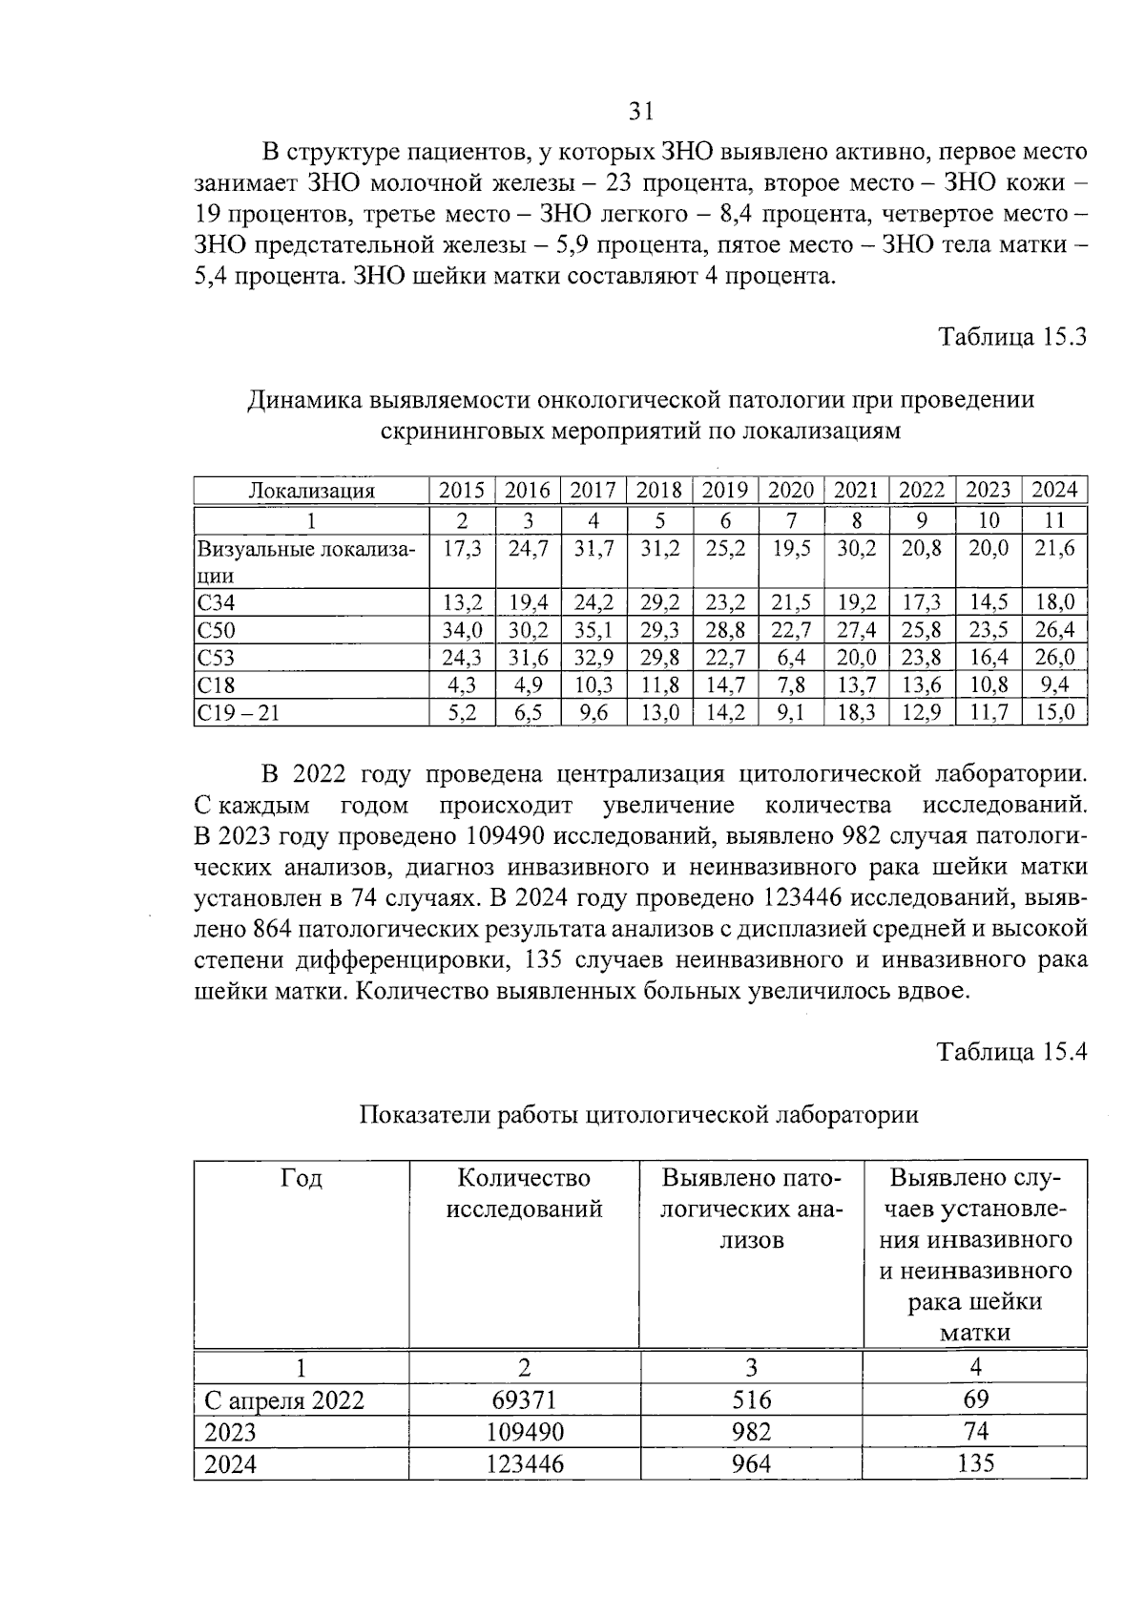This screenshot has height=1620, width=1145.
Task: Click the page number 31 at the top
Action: [641, 112]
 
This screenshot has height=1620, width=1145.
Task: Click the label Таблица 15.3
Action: [1012, 337]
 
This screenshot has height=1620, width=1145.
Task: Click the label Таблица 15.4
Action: [1011, 1051]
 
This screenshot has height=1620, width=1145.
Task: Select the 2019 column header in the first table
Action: [724, 491]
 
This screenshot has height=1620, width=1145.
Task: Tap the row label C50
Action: [216, 630]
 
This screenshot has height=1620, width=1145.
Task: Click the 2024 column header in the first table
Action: [1054, 491]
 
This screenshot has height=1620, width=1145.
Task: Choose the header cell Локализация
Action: [311, 492]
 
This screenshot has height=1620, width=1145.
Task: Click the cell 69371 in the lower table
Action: [524, 1400]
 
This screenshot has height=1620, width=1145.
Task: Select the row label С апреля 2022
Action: [284, 1401]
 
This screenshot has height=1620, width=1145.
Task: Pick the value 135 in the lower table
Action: [975, 1463]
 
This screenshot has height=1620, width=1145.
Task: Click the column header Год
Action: [302, 1179]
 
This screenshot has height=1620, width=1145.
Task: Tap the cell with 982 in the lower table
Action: [751, 1432]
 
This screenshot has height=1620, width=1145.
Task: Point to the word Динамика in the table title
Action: [303, 400]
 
